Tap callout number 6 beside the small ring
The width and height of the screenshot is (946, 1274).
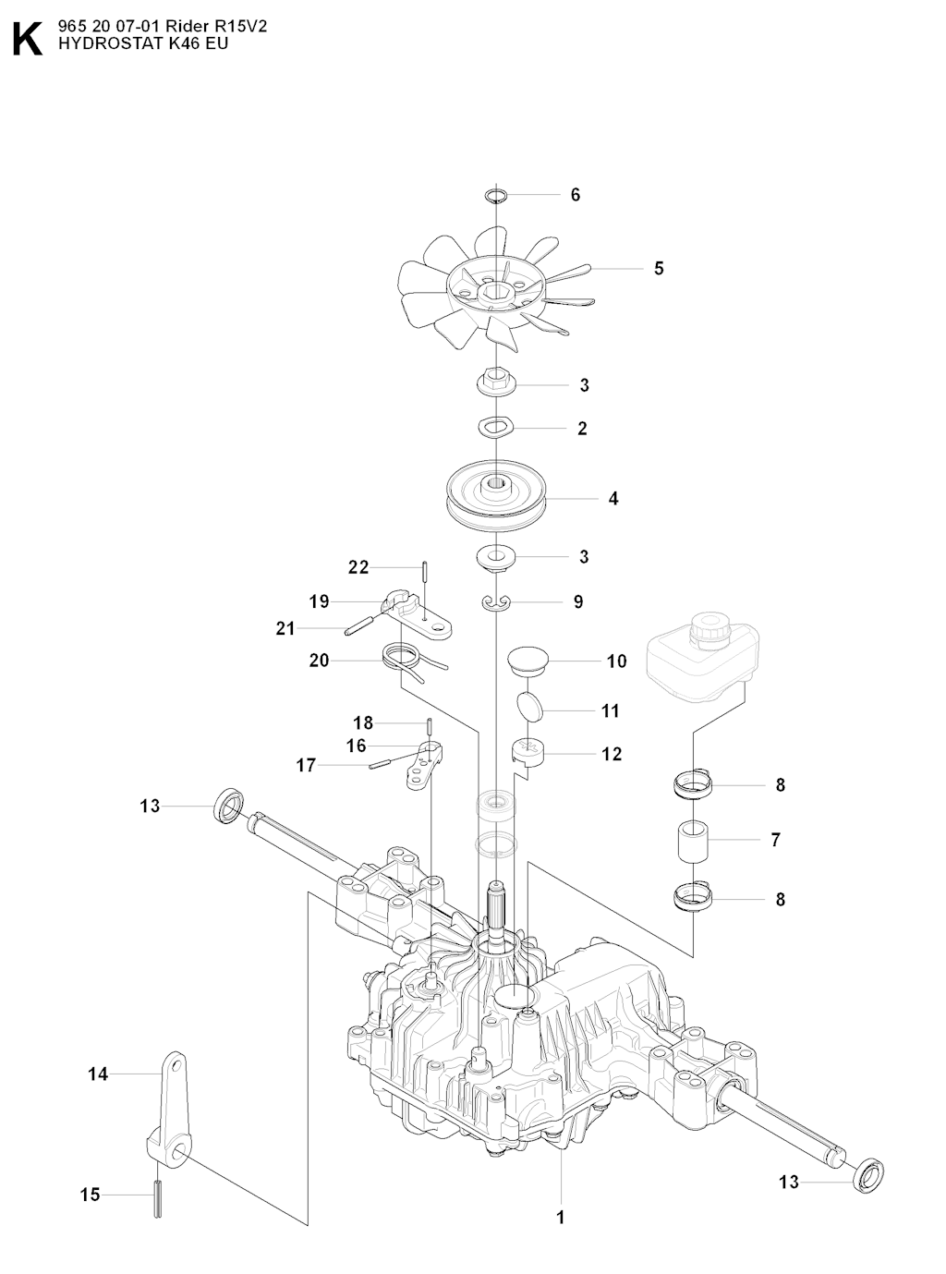(575, 195)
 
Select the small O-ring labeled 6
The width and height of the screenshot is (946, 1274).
(495, 195)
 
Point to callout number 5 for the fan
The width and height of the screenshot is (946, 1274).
(659, 269)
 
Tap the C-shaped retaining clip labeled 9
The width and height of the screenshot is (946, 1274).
(496, 602)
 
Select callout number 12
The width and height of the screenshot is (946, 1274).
(612, 754)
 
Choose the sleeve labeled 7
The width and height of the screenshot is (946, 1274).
(692, 840)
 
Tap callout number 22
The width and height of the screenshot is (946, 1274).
(358, 567)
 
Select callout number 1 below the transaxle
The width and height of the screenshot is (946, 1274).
(560, 1217)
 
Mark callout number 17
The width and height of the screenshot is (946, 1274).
(306, 765)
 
